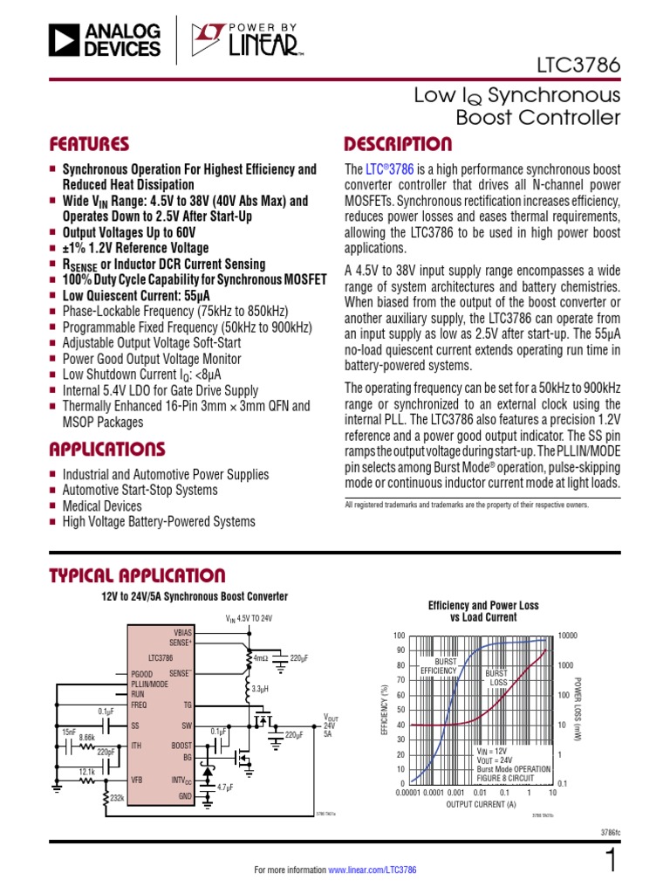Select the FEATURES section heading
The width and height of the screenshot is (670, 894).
[90, 144]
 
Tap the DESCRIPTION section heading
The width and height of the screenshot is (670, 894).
[399, 144]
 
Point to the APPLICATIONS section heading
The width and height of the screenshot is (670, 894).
[107, 450]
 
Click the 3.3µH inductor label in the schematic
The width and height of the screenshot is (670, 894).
[262, 690]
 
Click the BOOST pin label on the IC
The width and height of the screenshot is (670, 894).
[181, 746]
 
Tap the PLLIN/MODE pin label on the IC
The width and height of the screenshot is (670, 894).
[150, 684]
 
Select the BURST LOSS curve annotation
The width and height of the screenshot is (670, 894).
[497, 677]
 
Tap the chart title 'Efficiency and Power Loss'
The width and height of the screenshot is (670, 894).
[482, 605]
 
